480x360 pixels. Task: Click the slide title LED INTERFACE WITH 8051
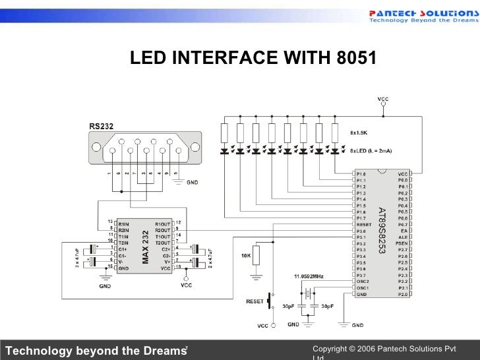click(253, 59)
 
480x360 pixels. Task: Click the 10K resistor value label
click(246, 255)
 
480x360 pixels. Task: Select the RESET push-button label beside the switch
click(255, 301)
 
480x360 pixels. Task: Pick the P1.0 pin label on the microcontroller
click(361, 174)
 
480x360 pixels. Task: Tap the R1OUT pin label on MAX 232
click(162, 224)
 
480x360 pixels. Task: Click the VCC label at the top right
click(383, 99)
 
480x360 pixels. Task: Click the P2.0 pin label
click(402, 294)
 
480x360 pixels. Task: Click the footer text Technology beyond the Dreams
click(92, 349)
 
